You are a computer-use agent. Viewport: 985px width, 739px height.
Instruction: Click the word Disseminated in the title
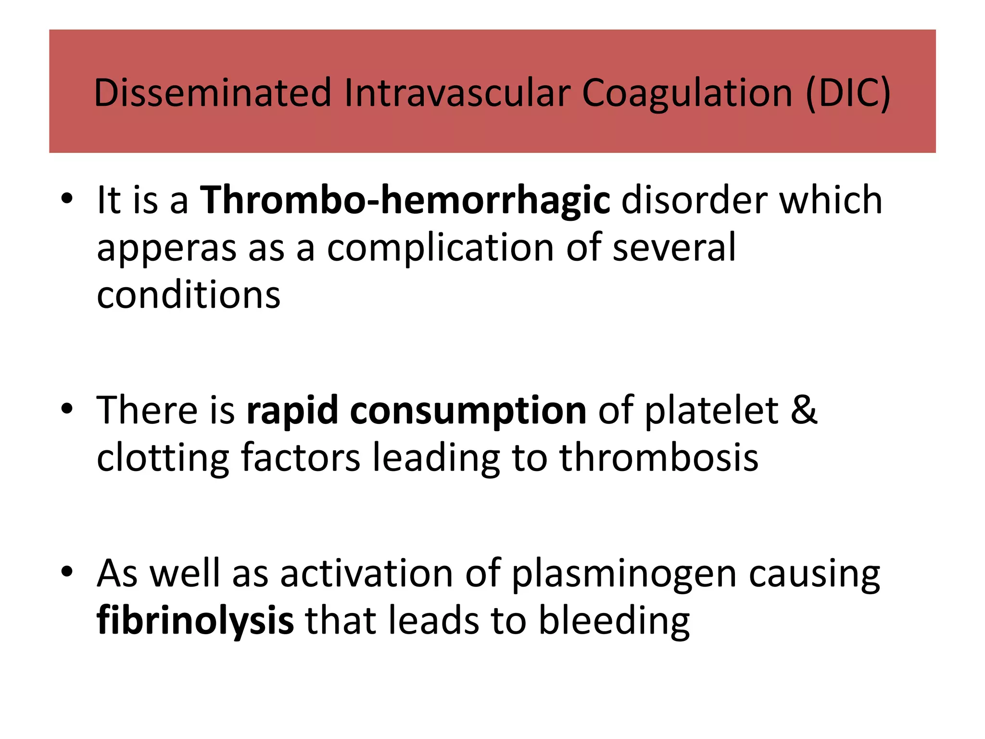tap(213, 92)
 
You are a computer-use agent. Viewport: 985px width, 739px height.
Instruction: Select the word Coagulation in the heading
tap(687, 92)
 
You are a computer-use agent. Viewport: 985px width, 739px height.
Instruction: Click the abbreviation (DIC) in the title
tap(848, 92)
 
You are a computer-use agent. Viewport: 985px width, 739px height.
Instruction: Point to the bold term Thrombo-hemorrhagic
tap(405, 200)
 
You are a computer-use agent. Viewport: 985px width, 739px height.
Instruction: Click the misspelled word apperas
tap(166, 248)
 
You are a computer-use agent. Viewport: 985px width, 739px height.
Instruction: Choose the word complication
tap(440, 248)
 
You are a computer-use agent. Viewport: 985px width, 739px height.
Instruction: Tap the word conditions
tap(189, 294)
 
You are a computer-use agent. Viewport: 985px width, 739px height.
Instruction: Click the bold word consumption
tap(468, 410)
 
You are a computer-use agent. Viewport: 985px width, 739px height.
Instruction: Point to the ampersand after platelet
tap(803, 410)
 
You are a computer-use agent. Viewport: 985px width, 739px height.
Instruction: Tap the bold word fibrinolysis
tap(195, 621)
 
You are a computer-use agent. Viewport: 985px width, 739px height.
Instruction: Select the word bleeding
tap(614, 621)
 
